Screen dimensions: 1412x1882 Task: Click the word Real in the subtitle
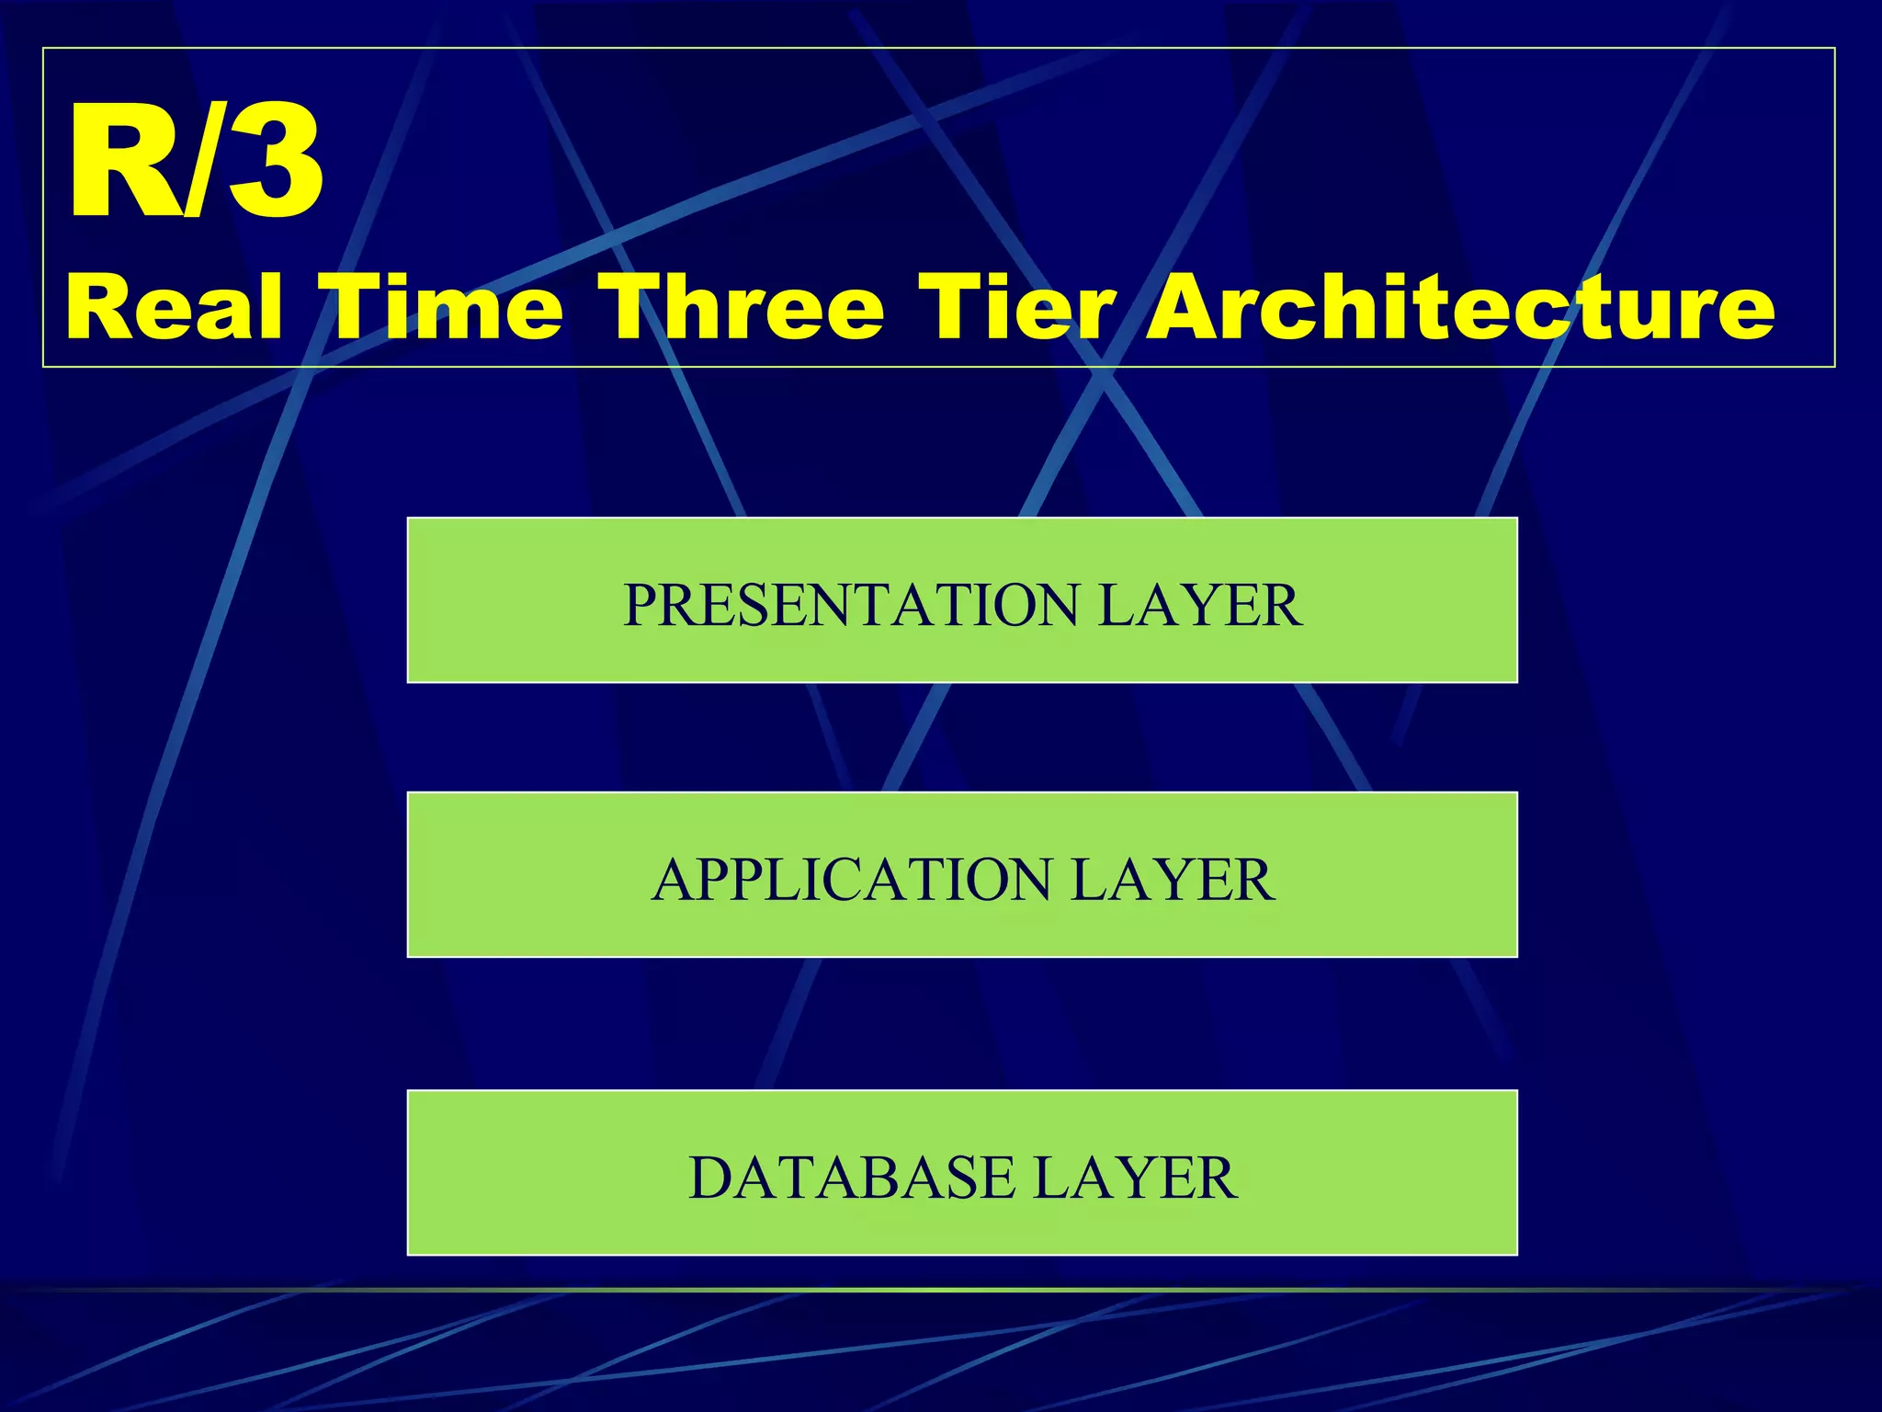175,308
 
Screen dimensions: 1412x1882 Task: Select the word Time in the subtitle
445,308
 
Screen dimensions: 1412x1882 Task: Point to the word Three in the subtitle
741,308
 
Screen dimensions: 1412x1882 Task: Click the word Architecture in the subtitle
1461,308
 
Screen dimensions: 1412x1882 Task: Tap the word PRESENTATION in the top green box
850,606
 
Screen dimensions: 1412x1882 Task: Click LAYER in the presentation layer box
1200,606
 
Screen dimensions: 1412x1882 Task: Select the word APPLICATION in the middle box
851,880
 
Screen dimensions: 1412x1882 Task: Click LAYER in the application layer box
1173,880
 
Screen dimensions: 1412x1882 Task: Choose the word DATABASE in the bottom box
852,1178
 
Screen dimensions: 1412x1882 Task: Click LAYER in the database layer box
1135,1178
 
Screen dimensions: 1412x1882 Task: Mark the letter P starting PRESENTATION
641,606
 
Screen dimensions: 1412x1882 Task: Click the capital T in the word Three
634,308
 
